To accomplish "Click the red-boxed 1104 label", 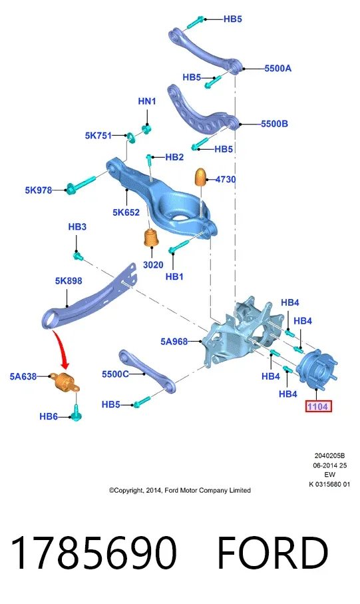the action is click(318, 406).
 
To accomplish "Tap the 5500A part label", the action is click(277, 68).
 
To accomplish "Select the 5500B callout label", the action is click(274, 124).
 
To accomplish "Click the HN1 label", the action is click(146, 101).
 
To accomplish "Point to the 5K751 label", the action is click(98, 136).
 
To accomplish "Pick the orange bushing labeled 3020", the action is click(152, 238).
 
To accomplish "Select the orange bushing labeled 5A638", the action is click(67, 381).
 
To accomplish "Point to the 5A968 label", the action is click(174, 342).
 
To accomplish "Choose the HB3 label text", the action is click(77, 226).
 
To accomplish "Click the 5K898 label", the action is click(69, 280).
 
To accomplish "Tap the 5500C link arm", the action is click(148, 372).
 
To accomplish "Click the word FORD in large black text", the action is click(273, 552).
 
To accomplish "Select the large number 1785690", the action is click(94, 552).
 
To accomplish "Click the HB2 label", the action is click(174, 156).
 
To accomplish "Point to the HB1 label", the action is click(174, 276).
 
